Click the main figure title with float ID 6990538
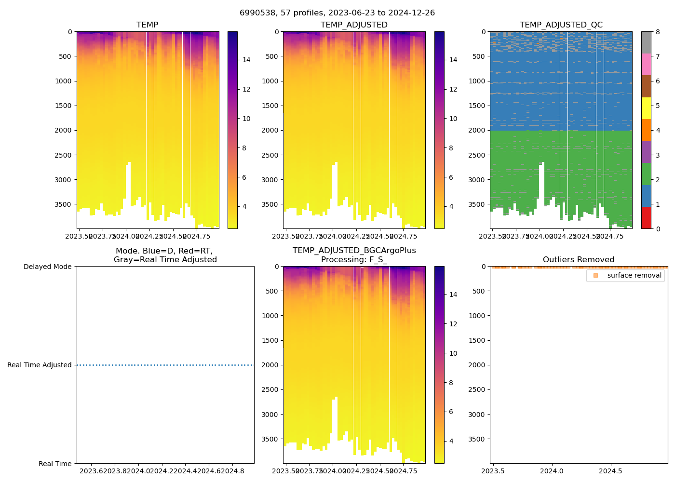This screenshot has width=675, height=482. [337, 13]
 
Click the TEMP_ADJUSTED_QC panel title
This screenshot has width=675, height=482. [561, 25]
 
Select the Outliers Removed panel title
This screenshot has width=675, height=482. [579, 260]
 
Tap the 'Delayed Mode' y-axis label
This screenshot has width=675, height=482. [47, 267]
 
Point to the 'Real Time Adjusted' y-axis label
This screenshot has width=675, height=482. [40, 365]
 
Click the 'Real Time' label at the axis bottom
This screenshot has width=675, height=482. [55, 464]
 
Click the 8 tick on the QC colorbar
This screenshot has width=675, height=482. [658, 32]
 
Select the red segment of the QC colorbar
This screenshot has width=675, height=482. [646, 218]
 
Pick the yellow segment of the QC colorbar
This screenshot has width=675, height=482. [646, 108]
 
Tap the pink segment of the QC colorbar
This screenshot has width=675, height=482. [646, 65]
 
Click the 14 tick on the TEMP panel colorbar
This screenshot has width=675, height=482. [246, 60]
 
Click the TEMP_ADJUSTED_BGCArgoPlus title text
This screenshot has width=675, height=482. [354, 251]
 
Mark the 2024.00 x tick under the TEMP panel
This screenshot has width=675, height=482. [126, 236]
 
